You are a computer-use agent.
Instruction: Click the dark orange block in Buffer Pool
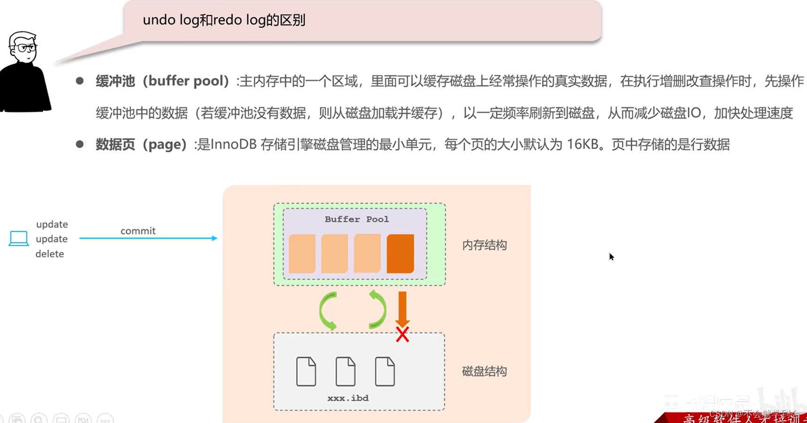(x=400, y=254)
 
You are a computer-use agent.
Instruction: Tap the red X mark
(x=402, y=334)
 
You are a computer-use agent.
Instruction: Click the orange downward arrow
(x=402, y=308)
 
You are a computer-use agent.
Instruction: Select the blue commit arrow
(x=148, y=238)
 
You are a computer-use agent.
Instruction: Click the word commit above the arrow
(x=138, y=231)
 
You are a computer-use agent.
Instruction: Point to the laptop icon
(x=19, y=238)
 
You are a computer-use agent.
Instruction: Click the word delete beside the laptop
(x=50, y=254)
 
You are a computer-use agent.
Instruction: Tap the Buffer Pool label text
(x=356, y=219)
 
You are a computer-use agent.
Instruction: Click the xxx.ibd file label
(x=348, y=398)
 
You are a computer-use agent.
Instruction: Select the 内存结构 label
(x=484, y=245)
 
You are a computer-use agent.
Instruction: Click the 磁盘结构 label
(x=484, y=372)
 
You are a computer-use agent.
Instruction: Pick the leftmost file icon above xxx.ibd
(x=306, y=371)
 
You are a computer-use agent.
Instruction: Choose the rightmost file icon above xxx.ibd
(x=385, y=371)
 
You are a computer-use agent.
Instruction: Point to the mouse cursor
(x=611, y=256)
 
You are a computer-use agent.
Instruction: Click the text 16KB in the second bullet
(x=582, y=145)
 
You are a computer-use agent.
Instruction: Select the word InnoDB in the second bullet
(x=234, y=145)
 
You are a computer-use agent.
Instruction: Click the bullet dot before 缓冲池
(x=80, y=81)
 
